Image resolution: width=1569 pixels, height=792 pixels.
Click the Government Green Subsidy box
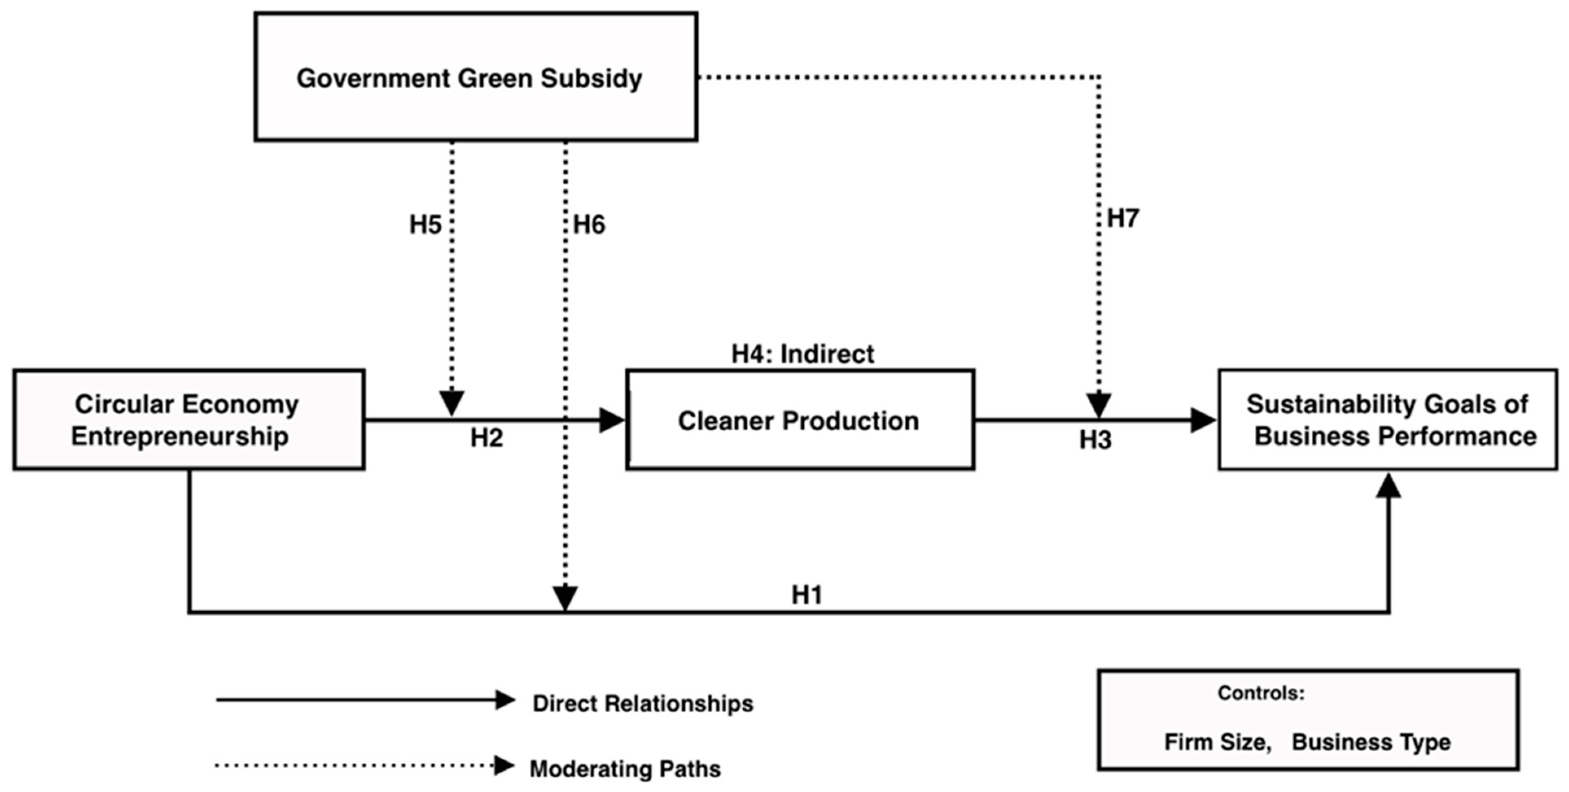475,77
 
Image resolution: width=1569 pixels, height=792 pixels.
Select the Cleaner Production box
800,420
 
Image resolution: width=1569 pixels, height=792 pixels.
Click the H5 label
425,225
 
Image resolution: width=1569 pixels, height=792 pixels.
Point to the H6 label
589,225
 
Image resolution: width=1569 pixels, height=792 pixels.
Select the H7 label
1122,218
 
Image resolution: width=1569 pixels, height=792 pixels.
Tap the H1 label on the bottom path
806,595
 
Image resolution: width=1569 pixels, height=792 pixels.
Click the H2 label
486,438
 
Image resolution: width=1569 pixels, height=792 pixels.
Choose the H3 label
1095,440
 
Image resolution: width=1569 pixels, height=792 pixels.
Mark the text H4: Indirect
802,353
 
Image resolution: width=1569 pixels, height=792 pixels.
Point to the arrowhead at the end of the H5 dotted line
451,404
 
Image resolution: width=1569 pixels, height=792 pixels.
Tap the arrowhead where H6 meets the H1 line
565,597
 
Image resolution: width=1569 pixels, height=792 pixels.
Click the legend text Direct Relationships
642,703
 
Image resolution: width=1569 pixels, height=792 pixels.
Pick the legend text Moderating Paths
625,769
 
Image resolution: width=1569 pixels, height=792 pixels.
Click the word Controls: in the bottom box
1261,693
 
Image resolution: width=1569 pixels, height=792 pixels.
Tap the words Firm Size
1217,742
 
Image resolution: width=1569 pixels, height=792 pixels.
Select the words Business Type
1371,742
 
